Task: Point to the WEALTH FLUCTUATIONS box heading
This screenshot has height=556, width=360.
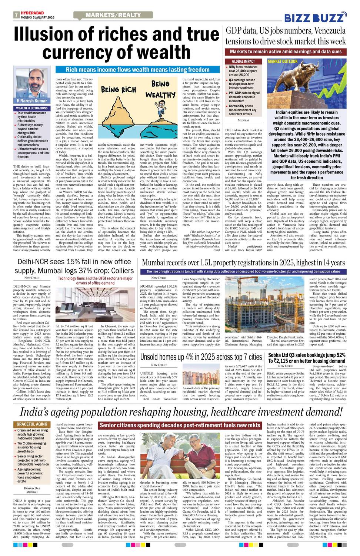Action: [31, 108]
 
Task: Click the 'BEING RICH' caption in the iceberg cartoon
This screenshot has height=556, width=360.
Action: [119, 89]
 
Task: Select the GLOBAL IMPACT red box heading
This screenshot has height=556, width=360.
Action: [243, 61]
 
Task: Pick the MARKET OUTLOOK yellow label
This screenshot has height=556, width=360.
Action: [283, 62]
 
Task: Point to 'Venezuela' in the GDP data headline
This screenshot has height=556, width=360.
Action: [329, 30]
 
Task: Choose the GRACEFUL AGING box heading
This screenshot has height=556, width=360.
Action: [32, 424]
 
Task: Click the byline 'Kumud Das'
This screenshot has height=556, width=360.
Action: [32, 489]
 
